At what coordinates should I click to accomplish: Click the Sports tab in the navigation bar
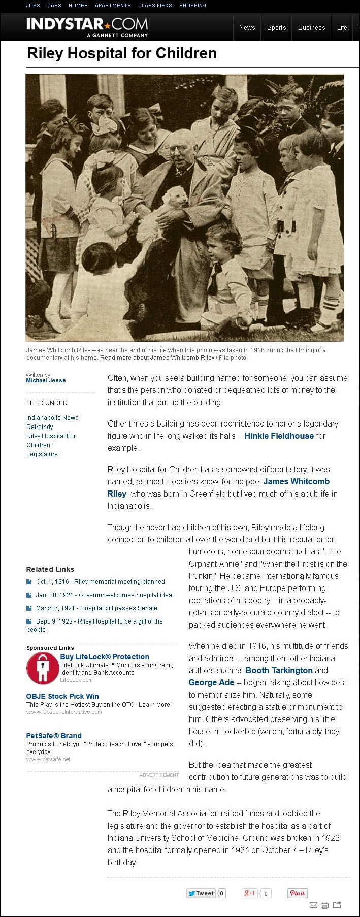click(x=276, y=28)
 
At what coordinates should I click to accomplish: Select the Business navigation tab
click(x=311, y=28)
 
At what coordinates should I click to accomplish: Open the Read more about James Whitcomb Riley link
click(x=157, y=358)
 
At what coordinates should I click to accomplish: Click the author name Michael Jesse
click(x=46, y=380)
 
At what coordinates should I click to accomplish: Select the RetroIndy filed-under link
click(x=40, y=427)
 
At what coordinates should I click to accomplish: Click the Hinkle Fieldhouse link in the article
click(x=279, y=436)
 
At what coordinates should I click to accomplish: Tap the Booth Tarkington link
click(x=279, y=670)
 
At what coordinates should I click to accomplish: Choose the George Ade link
click(x=211, y=682)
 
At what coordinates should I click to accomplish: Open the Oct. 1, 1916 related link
click(x=100, y=582)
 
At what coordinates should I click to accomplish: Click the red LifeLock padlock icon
click(x=42, y=668)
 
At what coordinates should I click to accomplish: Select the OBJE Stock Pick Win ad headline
click(x=62, y=696)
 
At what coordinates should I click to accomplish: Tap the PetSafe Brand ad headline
click(x=54, y=736)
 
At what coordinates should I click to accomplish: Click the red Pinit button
click(x=297, y=893)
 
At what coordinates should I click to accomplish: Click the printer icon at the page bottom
click(x=324, y=905)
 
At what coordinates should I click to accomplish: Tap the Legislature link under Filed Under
click(x=42, y=454)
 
